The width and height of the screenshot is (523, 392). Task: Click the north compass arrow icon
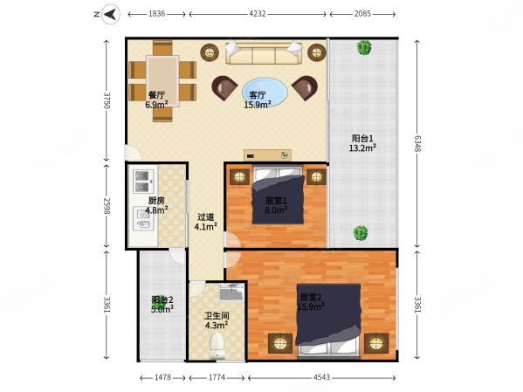click(111, 14)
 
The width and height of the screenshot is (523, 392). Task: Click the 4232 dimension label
click(258, 14)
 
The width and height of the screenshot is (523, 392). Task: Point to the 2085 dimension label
click(362, 14)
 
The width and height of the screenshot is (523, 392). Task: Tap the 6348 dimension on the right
click(417, 143)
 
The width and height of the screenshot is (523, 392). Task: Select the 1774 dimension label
click(217, 377)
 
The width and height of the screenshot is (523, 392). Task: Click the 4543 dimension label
click(321, 377)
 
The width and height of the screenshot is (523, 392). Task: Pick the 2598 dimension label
click(107, 206)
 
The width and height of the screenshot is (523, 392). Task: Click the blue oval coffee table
click(265, 93)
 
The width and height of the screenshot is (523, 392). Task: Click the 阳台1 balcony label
click(362, 138)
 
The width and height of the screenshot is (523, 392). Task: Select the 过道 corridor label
click(205, 217)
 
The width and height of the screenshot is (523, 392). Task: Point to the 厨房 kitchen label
click(156, 201)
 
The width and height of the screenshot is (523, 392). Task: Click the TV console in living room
click(267, 155)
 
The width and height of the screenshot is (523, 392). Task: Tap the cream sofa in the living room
click(264, 52)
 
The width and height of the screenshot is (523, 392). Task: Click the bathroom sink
click(232, 292)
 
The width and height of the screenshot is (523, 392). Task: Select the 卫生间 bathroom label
click(217, 315)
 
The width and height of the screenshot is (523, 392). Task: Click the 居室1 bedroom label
click(276, 201)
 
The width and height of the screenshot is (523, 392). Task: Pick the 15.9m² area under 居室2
click(311, 306)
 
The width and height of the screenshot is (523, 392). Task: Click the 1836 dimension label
click(157, 14)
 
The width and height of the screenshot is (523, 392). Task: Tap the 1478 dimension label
click(162, 377)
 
